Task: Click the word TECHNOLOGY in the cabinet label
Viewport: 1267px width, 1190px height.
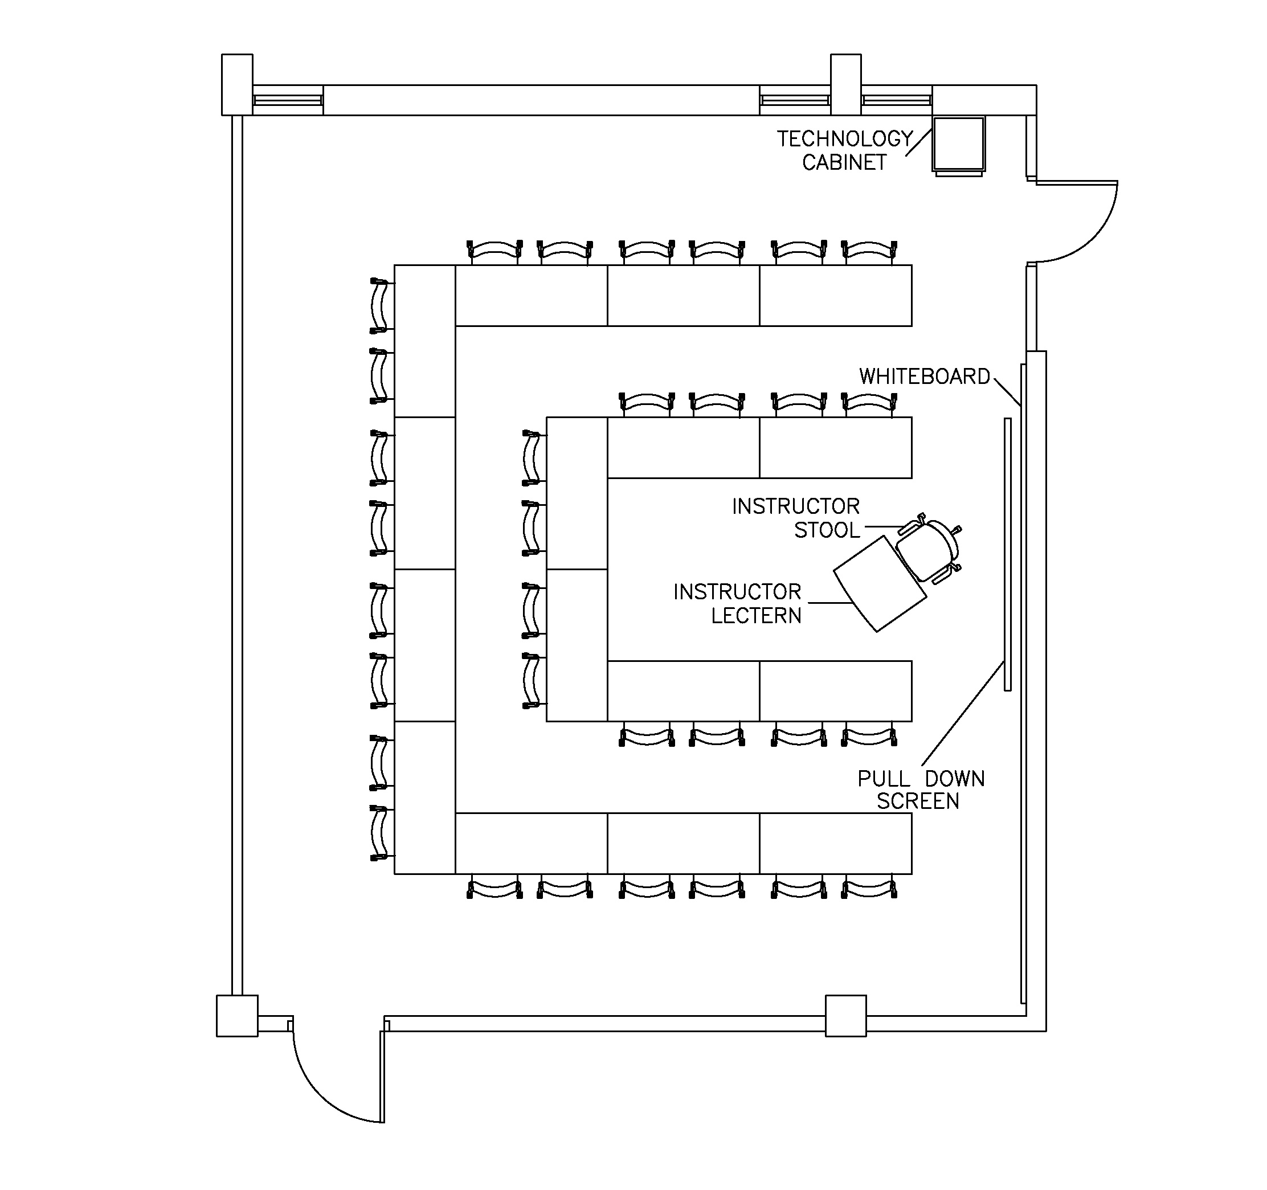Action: coord(844,139)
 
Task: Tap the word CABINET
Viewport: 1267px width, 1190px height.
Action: coord(844,163)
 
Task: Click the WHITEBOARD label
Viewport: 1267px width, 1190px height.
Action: coord(924,377)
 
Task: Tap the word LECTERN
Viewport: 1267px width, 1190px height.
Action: coord(756,616)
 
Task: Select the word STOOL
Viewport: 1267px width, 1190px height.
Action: coord(827,530)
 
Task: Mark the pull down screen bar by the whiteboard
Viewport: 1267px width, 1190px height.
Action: coord(1007,554)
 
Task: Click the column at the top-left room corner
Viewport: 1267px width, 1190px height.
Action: coord(237,84)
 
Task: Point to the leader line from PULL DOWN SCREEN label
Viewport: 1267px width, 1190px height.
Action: coord(962,714)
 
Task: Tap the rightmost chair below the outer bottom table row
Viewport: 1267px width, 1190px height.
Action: coord(869,888)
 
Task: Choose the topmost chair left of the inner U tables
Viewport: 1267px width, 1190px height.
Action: coord(533,457)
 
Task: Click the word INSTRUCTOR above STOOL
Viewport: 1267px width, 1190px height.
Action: coord(795,507)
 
